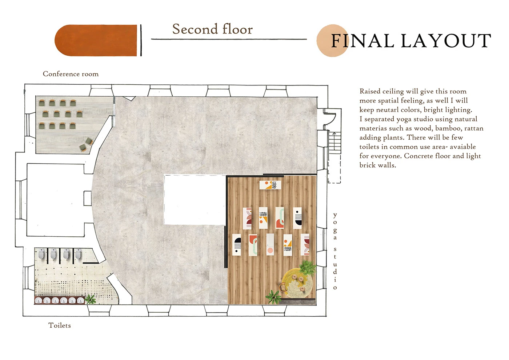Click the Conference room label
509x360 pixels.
tap(71, 74)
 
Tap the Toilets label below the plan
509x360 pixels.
tap(60, 325)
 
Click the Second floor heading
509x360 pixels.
tap(212, 29)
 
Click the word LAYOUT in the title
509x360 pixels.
tap(446, 41)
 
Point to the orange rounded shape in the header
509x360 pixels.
tap(96, 40)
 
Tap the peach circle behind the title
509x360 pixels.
tap(332, 40)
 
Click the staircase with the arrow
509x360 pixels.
tap(334, 143)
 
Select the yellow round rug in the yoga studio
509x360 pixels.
tap(297, 283)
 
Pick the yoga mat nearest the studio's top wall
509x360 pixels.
tap(270, 185)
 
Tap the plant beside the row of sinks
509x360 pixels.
tap(91, 299)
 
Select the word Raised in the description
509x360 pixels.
tap(370, 91)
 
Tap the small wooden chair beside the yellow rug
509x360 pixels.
tap(283, 287)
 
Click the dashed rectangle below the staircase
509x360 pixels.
tap(334, 169)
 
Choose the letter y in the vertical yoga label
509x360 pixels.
tap(335, 215)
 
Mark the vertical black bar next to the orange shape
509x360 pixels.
tap(141, 40)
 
